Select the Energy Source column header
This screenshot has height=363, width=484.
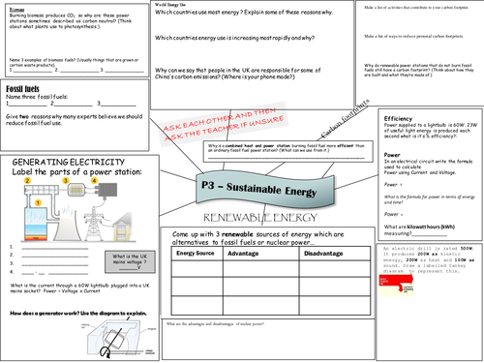click(x=197, y=253)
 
